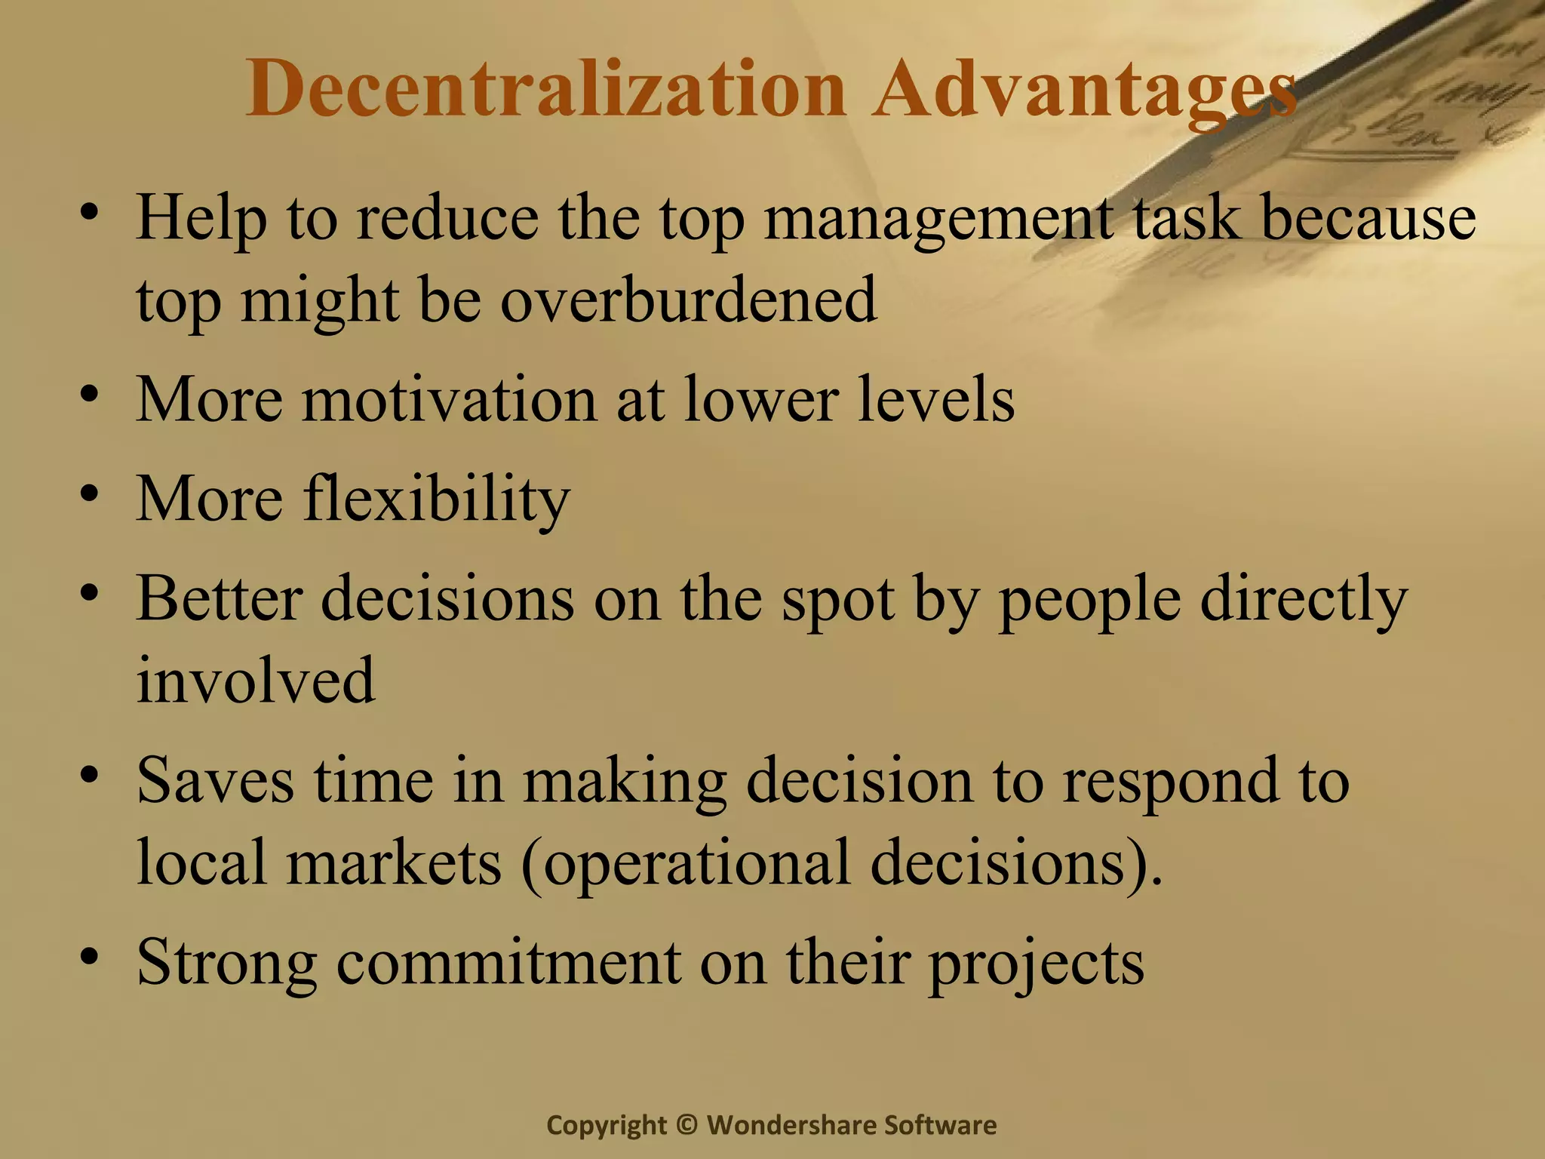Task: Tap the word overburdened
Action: (x=688, y=300)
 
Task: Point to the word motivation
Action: (x=450, y=400)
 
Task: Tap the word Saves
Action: (x=215, y=780)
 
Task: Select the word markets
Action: (x=394, y=862)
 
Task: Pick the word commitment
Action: (x=508, y=962)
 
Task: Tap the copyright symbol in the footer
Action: (x=686, y=1125)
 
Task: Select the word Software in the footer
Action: (x=940, y=1125)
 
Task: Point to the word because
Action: (x=1368, y=219)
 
